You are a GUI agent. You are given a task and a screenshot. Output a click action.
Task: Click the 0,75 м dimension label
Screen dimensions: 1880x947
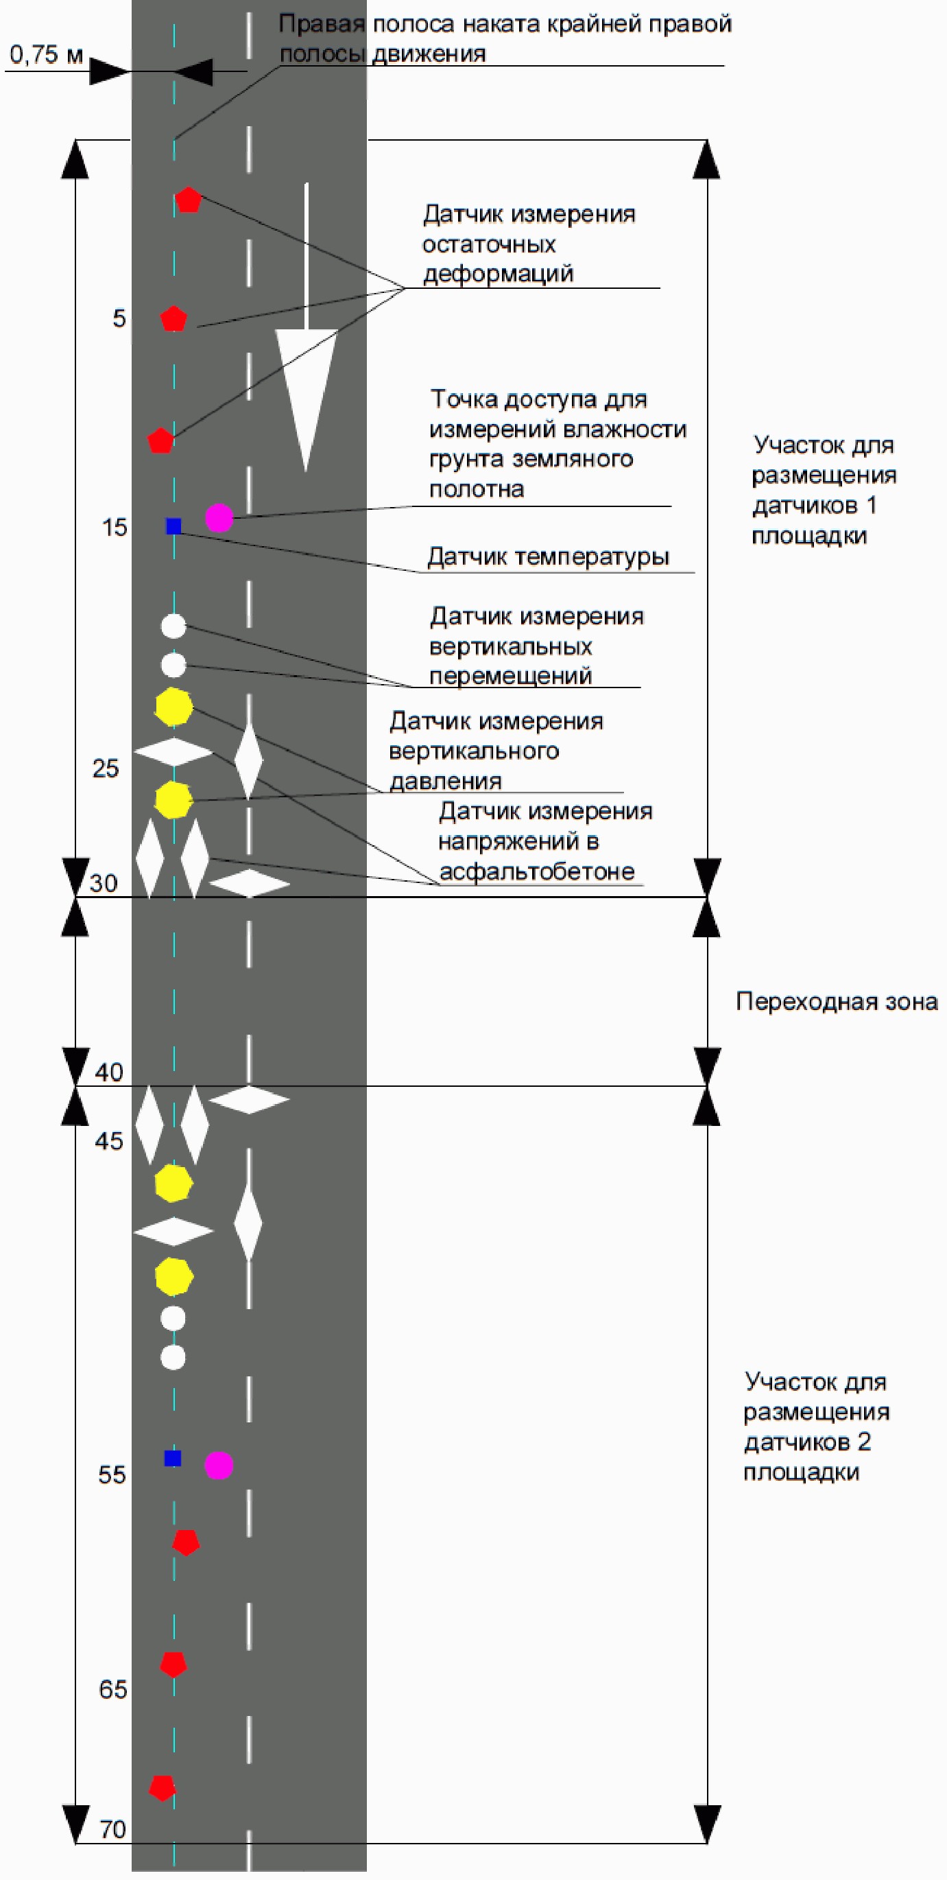pyautogui.click(x=46, y=55)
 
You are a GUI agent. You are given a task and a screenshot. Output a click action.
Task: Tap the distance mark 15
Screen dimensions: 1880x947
pyautogui.click(x=114, y=528)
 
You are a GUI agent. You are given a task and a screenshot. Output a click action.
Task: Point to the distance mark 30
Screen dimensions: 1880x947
pyautogui.click(x=104, y=883)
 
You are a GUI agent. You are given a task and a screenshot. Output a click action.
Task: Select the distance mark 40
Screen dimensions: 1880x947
pyautogui.click(x=109, y=1072)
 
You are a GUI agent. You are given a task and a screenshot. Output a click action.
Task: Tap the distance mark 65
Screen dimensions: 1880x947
pyautogui.click(x=112, y=1689)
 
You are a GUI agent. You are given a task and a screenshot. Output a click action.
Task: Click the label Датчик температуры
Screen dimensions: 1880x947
pyautogui.click(x=548, y=557)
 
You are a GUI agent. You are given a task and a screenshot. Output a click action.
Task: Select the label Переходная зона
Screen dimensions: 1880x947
pyautogui.click(x=836, y=1001)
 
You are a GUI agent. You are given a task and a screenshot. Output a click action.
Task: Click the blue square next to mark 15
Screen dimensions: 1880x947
pyautogui.click(x=173, y=526)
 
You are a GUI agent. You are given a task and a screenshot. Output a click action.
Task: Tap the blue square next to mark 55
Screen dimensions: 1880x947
pyautogui.click(x=172, y=1458)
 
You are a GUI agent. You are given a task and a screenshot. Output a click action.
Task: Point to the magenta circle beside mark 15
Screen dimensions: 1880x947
pyautogui.click(x=219, y=517)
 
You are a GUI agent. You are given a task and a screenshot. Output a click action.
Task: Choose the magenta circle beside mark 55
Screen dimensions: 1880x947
pyautogui.click(x=219, y=1465)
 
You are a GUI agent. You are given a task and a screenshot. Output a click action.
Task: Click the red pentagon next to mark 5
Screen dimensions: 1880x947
pyautogui.click(x=173, y=319)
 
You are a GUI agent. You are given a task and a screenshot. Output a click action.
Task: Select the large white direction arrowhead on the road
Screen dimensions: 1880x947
pyautogui.click(x=306, y=394)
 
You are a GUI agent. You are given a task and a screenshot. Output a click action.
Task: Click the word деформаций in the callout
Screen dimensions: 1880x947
pyautogui.click(x=499, y=274)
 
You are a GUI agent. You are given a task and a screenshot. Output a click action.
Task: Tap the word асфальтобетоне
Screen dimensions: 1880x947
pyautogui.click(x=537, y=871)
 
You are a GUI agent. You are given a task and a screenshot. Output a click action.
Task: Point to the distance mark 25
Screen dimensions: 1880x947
pyautogui.click(x=105, y=768)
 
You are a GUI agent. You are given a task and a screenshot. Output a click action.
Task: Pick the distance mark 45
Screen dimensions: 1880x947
pyautogui.click(x=109, y=1141)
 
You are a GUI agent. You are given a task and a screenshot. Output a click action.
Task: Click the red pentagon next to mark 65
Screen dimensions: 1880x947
pyautogui.click(x=173, y=1665)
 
